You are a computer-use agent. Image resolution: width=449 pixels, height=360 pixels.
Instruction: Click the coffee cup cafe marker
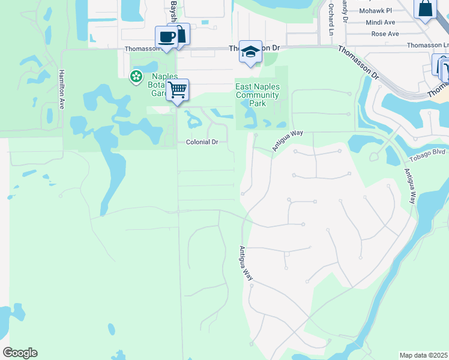tap(166, 37)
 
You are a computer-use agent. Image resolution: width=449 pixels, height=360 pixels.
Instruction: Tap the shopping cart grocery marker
tap(177, 90)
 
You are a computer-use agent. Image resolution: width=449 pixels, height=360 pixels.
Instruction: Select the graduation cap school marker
tap(250, 52)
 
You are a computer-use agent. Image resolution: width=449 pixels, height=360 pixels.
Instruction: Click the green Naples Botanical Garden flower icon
tap(136, 76)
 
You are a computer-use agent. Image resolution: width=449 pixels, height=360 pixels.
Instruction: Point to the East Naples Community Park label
tap(258, 95)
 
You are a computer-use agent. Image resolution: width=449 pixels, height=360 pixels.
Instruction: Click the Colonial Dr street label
tap(202, 142)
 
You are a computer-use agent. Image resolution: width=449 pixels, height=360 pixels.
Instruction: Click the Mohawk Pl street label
tap(375, 11)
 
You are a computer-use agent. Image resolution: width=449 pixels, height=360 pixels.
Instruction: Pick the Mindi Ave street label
tap(380, 22)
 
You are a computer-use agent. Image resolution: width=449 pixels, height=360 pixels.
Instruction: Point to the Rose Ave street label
tap(385, 34)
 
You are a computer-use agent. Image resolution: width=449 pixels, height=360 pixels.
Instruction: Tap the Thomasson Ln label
tap(427, 45)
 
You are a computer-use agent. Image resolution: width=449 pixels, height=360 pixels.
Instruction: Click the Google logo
tap(20, 353)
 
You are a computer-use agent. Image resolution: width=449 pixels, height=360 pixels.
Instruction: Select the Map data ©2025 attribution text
tap(423, 355)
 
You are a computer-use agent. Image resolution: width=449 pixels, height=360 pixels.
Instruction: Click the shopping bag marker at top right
tap(425, 9)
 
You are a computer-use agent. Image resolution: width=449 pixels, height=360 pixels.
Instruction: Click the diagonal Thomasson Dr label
tap(358, 63)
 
